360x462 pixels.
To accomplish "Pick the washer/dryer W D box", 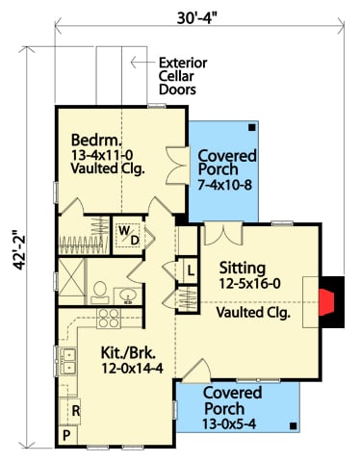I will (130, 235).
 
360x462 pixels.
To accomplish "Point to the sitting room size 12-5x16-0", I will (250, 285).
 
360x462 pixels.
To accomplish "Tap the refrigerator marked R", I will (74, 410).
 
